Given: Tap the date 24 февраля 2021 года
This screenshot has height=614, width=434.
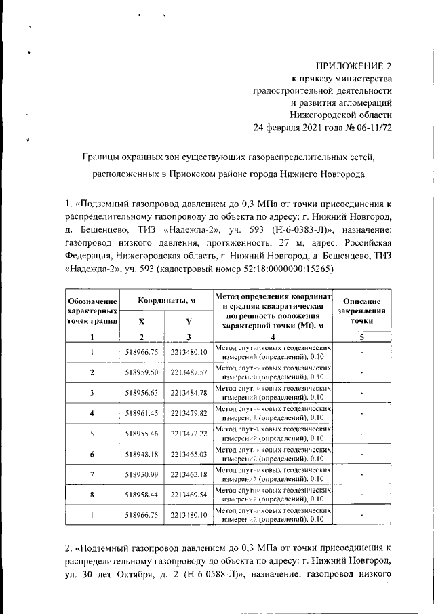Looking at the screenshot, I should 303,127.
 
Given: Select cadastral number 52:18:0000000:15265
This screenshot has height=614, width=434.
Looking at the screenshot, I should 279,268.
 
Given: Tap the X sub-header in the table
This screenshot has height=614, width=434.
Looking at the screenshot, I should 141,322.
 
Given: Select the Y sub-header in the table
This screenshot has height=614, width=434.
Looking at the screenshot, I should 189,322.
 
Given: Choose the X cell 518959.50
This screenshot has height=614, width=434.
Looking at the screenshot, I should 142,372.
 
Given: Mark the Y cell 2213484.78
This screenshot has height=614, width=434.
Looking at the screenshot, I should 189,393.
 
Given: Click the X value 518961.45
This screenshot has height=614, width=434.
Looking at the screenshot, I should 142,413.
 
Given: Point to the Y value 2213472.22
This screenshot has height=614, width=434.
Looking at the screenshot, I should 189,434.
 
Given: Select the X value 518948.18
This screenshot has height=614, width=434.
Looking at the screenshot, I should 142,454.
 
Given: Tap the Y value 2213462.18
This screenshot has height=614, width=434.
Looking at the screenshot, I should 189,474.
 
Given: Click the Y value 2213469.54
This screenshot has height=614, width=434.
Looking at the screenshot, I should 189,495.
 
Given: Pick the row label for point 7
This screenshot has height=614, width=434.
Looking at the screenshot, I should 92,474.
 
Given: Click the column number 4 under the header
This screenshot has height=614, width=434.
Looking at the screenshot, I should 273,337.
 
